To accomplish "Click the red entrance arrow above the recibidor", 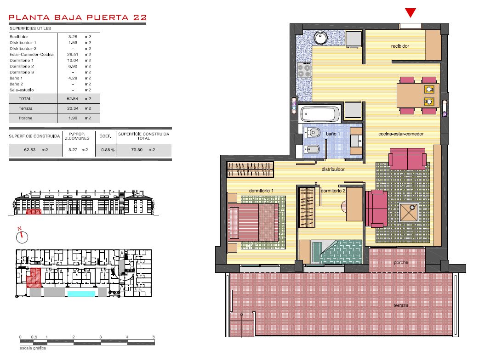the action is point(410,13).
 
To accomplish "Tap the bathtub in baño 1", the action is point(320,114).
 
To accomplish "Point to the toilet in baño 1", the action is point(312,133).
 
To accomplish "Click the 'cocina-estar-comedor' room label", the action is point(401,134).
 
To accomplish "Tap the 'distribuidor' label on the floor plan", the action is point(333,169).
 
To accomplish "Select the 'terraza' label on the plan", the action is point(401,305).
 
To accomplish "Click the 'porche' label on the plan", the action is point(401,262).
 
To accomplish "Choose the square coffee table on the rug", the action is point(409,212).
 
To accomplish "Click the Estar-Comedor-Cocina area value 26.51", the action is point(73,54).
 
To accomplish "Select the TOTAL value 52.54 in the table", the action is point(72,99).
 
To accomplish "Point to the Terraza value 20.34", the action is point(73,108).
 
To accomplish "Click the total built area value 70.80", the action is point(137,150).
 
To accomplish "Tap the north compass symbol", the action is point(22,236).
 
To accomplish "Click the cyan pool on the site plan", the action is point(81,294).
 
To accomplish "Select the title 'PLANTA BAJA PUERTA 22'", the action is point(78,17).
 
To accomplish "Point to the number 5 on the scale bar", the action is point(154,337).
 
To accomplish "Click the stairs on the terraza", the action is point(242,324).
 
